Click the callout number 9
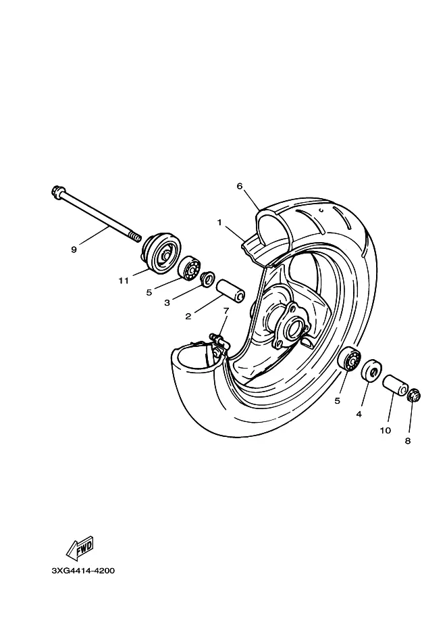pos(74,249)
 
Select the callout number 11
pos(124,279)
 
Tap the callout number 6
pos(239,186)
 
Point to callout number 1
pos(219,222)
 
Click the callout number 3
pos(167,303)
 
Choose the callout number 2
pos(188,315)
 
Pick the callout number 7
pos(226,311)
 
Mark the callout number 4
pos(359,413)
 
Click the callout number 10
pos(385,429)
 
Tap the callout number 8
pos(408,440)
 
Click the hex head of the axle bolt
pos(56,192)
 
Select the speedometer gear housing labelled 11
pos(159,252)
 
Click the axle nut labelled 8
pos(414,394)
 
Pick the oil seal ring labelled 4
pos(371,371)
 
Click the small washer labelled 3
pos(207,277)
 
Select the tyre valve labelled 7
pos(217,337)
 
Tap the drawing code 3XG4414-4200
pos(83,570)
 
